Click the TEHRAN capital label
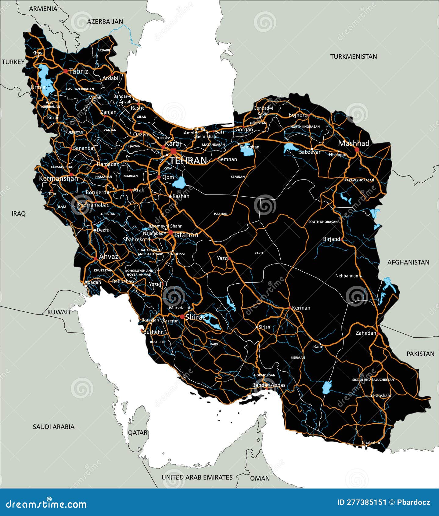(x=188, y=160)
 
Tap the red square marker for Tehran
(x=173, y=151)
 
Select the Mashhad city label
(x=354, y=143)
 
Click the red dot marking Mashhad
(x=357, y=150)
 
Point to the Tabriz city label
(x=78, y=71)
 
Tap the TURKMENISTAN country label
(x=353, y=56)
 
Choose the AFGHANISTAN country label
(x=408, y=262)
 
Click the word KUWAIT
(x=59, y=312)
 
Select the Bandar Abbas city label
(x=268, y=385)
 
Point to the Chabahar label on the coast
(x=371, y=442)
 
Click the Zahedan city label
(x=366, y=333)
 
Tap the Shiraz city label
(x=196, y=317)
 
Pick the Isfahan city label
(x=186, y=234)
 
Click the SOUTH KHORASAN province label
(x=323, y=222)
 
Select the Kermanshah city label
(x=58, y=178)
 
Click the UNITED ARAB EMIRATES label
(x=197, y=477)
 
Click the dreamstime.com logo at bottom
(x=46, y=504)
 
